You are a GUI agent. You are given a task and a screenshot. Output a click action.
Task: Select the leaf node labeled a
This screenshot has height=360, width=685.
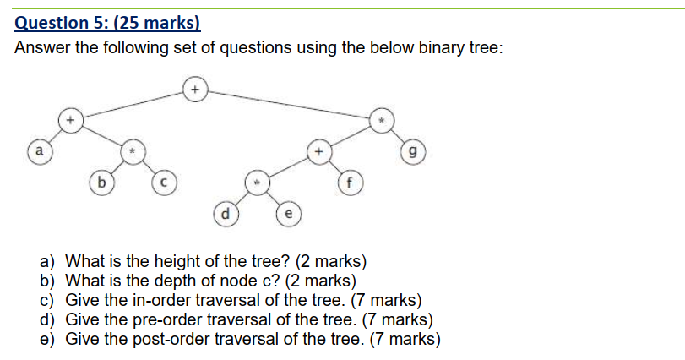tap(36, 152)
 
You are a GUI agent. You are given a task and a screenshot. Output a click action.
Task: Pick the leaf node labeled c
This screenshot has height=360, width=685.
tap(162, 181)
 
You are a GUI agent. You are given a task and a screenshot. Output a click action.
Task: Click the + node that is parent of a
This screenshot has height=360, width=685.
tap(71, 121)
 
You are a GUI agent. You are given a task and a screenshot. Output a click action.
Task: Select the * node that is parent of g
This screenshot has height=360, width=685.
tap(381, 121)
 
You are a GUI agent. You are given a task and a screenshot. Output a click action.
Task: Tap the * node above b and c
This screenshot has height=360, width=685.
tap(132, 152)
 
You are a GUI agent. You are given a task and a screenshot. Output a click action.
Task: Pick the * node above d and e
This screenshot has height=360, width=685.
tap(256, 182)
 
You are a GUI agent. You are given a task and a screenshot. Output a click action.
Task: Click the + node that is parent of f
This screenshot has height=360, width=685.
tap(318, 152)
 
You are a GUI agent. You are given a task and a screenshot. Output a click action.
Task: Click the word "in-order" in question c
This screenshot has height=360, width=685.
tap(144, 300)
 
